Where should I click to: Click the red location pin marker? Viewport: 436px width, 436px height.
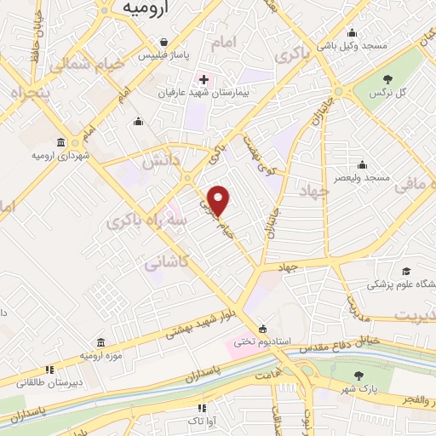(x=219, y=200)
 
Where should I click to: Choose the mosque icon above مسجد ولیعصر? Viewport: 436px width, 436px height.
(x=362, y=164)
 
